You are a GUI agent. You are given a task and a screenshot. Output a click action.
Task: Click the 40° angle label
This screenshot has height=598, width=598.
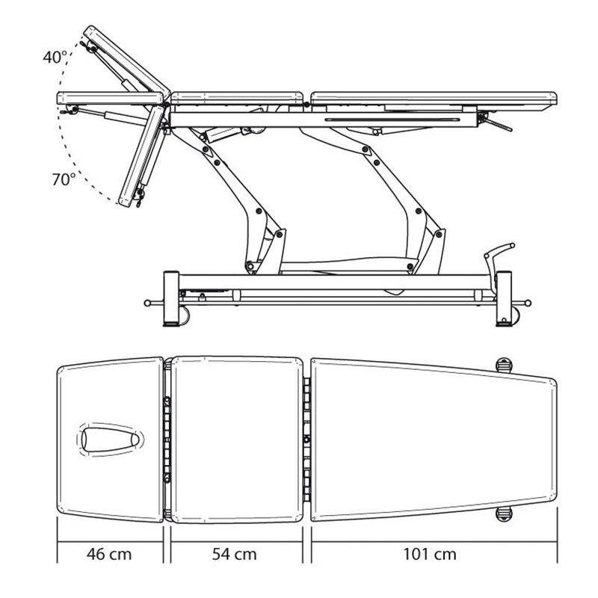(x=55, y=58)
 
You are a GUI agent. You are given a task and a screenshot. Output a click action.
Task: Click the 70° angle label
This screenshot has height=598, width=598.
(x=64, y=179)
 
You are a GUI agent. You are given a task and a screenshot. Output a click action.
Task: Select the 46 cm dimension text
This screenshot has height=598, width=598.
(x=109, y=554)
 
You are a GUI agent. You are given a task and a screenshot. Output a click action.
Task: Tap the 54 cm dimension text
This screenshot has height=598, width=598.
(x=234, y=554)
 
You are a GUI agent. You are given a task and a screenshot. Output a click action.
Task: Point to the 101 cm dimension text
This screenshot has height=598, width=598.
(x=430, y=554)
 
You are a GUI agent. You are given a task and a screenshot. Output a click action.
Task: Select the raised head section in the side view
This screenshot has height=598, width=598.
(x=126, y=61)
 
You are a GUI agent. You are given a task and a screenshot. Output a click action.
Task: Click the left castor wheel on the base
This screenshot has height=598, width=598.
(x=184, y=315)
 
